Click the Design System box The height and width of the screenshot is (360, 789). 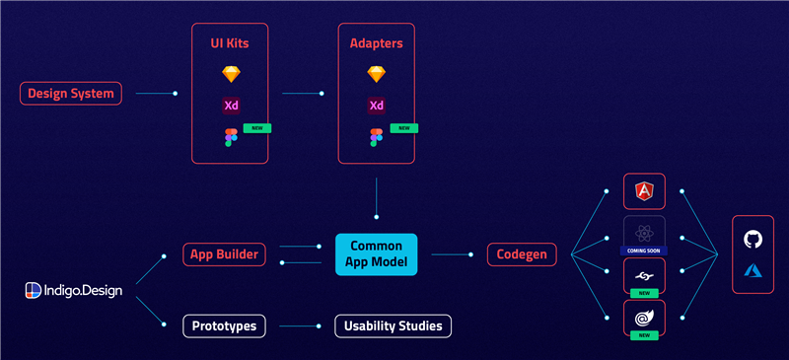[70, 93]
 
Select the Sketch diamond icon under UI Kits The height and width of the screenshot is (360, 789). [231, 75]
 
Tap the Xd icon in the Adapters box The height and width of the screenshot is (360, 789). [377, 106]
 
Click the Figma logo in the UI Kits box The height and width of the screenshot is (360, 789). [231, 137]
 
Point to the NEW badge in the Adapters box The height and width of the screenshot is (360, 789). [404, 128]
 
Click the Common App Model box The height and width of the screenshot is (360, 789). [377, 254]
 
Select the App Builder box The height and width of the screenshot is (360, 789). [224, 254]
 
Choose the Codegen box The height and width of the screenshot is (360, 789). [523, 254]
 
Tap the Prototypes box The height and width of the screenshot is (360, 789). [224, 326]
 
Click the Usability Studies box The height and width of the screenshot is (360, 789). [393, 326]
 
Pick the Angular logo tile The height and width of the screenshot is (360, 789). [645, 191]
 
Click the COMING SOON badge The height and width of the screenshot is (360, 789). [644, 251]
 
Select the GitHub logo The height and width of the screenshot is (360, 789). [753, 239]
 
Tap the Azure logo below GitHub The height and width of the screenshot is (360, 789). [753, 271]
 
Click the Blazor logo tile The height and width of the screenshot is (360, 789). [645, 318]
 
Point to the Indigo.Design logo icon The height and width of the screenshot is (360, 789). [34, 291]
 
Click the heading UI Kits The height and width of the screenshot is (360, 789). [230, 43]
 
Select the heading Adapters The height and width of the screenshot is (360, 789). [377, 43]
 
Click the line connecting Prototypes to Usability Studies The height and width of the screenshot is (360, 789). [299, 326]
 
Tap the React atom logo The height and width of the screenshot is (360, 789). [644, 233]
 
